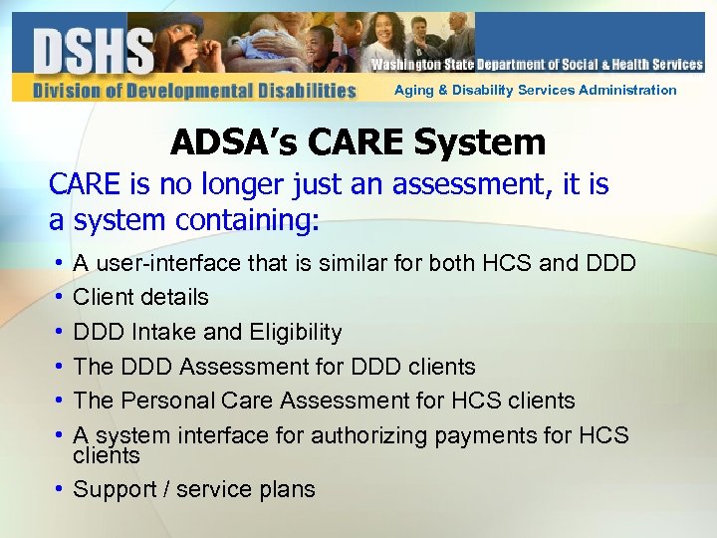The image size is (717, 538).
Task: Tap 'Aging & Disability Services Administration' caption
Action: point(535,91)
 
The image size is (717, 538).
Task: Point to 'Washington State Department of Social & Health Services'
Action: point(537,65)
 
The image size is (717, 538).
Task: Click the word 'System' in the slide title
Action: point(480,142)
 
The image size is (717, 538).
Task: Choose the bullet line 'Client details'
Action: point(140,297)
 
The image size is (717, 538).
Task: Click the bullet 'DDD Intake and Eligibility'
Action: point(207,332)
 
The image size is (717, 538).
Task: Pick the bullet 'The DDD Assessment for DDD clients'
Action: point(274,367)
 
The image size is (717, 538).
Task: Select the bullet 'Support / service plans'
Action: point(194,489)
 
